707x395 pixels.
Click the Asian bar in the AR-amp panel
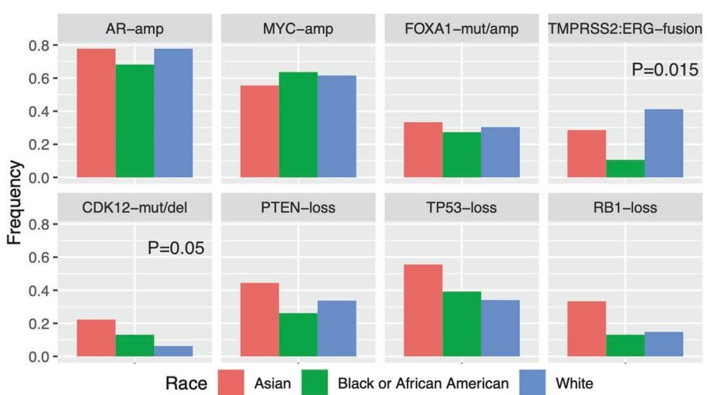tap(96, 113)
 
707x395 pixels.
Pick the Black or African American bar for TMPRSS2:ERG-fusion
tap(625, 169)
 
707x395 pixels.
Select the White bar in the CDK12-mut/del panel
tap(172, 351)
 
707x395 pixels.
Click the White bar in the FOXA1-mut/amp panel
tap(500, 152)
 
